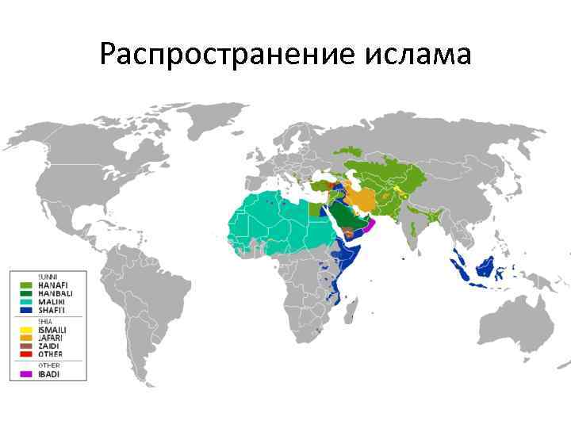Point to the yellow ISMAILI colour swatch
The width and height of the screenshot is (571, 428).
coord(25,330)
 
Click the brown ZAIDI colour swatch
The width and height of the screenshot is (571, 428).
coord(25,346)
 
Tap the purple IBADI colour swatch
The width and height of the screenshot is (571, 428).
coord(25,373)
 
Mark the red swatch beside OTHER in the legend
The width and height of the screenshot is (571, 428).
coord(25,354)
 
